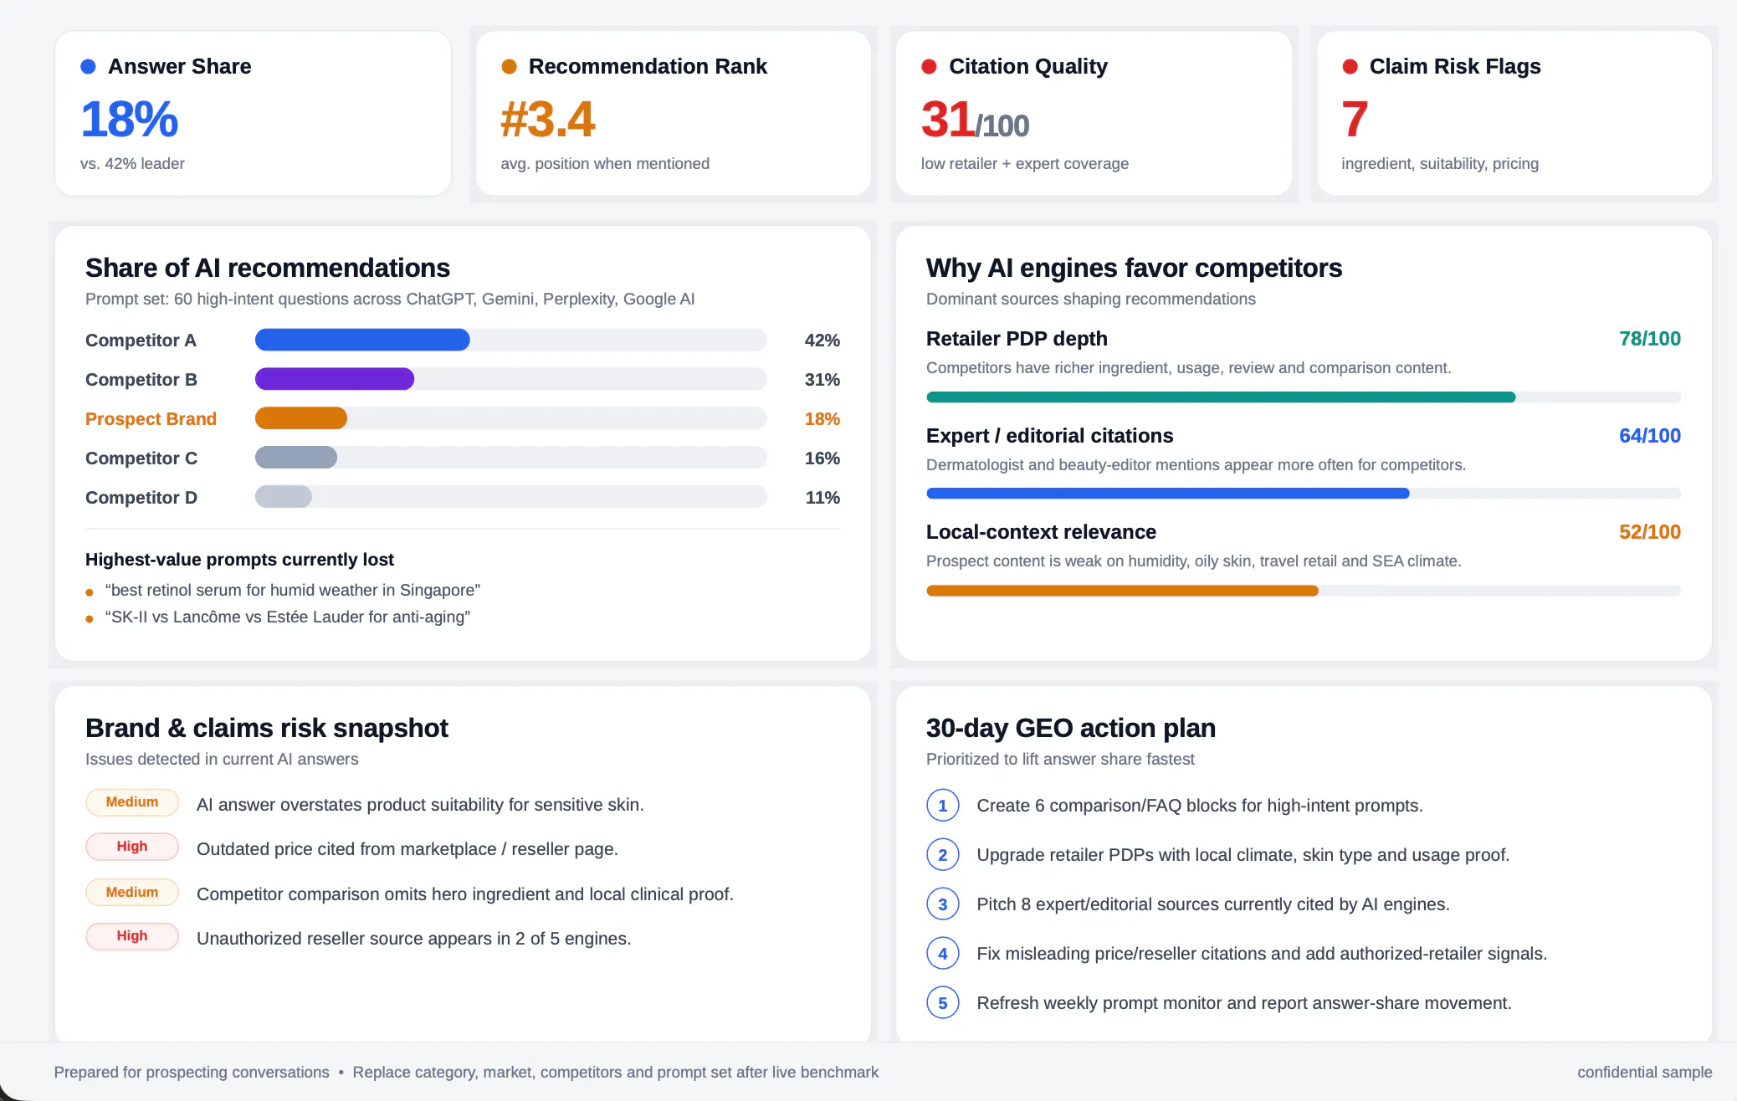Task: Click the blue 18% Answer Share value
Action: pyautogui.click(x=129, y=119)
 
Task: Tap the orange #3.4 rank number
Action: pyautogui.click(x=548, y=119)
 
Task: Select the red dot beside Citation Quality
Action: pyautogui.click(x=929, y=66)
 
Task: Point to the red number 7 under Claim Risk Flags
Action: pyautogui.click(x=1355, y=119)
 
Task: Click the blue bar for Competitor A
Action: pyautogui.click(x=362, y=340)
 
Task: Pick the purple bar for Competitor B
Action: pyautogui.click(x=335, y=379)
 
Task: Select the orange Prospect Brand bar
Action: pyautogui.click(x=301, y=418)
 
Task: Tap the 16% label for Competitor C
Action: pyautogui.click(x=822, y=458)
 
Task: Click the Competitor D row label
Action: pyautogui.click(x=141, y=498)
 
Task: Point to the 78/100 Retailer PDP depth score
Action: pyautogui.click(x=1649, y=339)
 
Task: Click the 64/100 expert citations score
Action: pyautogui.click(x=1649, y=436)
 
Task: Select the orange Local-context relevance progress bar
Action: pyautogui.click(x=1122, y=591)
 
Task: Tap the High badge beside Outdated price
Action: pyautogui.click(x=132, y=847)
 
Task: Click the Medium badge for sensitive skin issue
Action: pyautogui.click(x=132, y=802)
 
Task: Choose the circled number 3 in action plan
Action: pyautogui.click(x=943, y=904)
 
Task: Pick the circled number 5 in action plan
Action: pyautogui.click(x=943, y=1003)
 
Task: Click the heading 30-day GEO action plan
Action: pyautogui.click(x=1071, y=728)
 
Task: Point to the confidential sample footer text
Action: pyautogui.click(x=1644, y=1073)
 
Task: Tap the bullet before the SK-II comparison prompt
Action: pyautogui.click(x=90, y=619)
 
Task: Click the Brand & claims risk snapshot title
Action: pyautogui.click(x=267, y=728)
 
